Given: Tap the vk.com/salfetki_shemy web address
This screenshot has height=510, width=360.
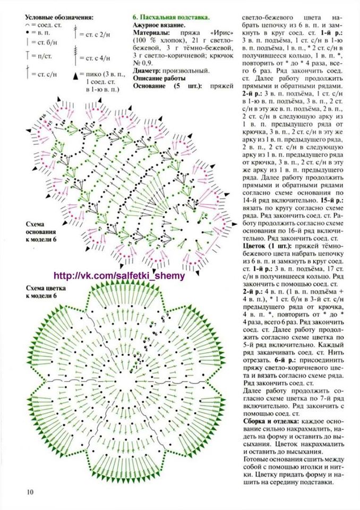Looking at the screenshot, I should [x=119, y=276].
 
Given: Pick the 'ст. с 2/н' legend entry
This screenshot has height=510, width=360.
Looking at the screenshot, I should [x=98, y=34].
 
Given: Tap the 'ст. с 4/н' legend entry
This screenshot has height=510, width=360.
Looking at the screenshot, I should [x=98, y=57].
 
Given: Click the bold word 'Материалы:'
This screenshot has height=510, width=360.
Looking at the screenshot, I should [x=150, y=33].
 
